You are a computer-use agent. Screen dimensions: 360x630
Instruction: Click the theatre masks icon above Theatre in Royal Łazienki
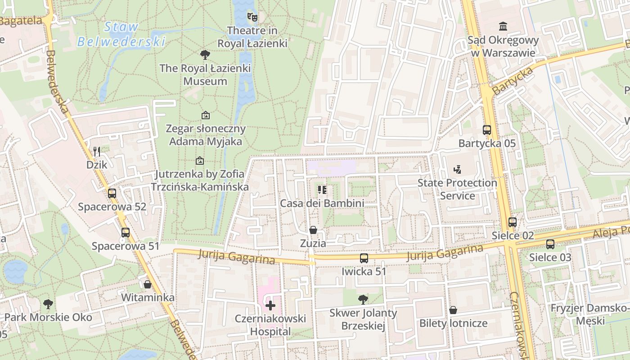pyautogui.click(x=252, y=17)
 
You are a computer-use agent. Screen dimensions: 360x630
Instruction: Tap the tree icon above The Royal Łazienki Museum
pyautogui.click(x=205, y=55)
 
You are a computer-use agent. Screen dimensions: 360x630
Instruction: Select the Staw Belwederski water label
pyautogui.click(x=121, y=34)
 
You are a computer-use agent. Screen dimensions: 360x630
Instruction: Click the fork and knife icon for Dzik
pyautogui.click(x=97, y=151)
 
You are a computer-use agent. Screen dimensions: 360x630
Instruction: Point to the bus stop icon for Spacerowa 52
pyautogui.click(x=112, y=193)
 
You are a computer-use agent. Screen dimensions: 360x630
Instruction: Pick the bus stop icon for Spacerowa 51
pyautogui.click(x=126, y=233)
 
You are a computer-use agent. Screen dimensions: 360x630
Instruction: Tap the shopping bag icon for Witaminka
pyautogui.click(x=148, y=284)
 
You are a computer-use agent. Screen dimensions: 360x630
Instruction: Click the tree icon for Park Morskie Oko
pyautogui.click(x=48, y=304)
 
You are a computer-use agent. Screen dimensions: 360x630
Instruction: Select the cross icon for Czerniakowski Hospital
pyautogui.click(x=270, y=306)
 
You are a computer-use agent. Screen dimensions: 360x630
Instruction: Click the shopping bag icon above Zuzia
pyautogui.click(x=313, y=230)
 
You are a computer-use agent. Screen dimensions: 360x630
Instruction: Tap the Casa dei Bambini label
pyautogui.click(x=322, y=203)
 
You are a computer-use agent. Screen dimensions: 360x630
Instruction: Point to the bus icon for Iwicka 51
pyautogui.click(x=364, y=258)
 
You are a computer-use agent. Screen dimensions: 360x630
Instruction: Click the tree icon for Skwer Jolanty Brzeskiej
pyautogui.click(x=363, y=299)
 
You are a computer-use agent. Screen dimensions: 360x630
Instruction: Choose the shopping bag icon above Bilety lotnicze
pyautogui.click(x=453, y=310)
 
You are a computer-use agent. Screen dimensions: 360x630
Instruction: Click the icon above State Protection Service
pyautogui.click(x=457, y=170)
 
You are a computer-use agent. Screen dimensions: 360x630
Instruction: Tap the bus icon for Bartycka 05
pyautogui.click(x=487, y=130)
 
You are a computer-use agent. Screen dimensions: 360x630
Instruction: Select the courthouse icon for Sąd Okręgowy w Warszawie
pyautogui.click(x=503, y=27)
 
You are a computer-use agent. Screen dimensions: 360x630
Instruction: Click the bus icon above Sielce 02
pyautogui.click(x=513, y=222)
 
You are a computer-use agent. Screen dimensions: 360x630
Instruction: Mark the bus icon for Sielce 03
pyautogui.click(x=550, y=244)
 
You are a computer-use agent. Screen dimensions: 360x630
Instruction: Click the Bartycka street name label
pyautogui.click(x=513, y=81)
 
